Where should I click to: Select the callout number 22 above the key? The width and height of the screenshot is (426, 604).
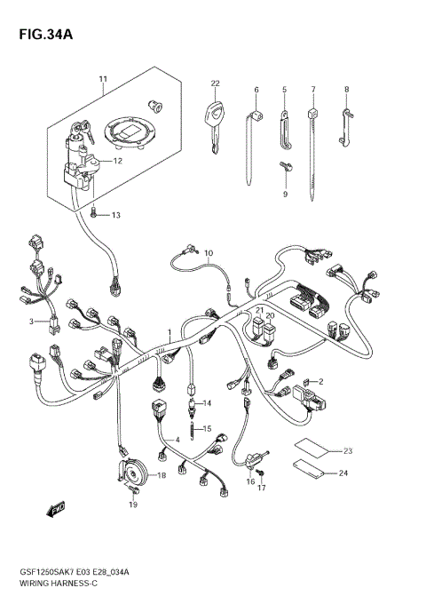click(215, 83)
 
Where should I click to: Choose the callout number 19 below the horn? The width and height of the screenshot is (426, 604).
click(132, 505)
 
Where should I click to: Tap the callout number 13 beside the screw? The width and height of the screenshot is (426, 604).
click(115, 215)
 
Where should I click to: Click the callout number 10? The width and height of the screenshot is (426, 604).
click(209, 254)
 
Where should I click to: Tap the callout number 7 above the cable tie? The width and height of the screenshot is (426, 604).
click(312, 90)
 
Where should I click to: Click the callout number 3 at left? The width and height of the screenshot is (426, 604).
click(30, 321)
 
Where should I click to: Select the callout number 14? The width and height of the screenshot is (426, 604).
click(206, 403)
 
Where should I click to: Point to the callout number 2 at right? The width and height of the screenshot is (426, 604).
click(320, 381)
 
